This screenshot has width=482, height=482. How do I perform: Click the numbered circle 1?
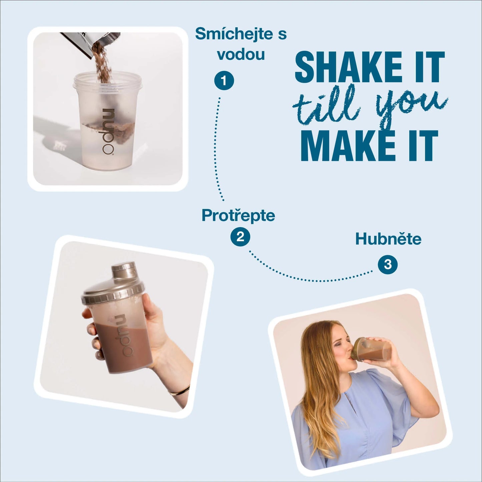[x=224, y=81]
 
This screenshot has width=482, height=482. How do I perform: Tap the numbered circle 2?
[x=240, y=236]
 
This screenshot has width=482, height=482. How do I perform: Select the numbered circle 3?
[x=388, y=265]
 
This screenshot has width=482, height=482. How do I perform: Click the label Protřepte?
[x=238, y=215]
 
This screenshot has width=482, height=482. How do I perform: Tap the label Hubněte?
[x=388, y=239]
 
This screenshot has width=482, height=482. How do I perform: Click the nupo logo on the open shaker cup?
[x=108, y=131]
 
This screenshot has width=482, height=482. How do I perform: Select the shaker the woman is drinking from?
[x=371, y=349]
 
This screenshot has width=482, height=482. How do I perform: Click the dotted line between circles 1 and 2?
[x=216, y=149]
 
